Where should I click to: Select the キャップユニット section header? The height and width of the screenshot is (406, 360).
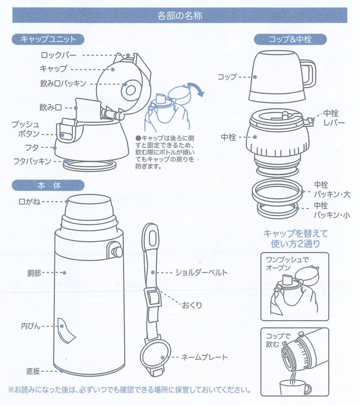(x=48, y=39)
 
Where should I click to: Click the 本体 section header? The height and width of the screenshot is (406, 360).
(x=48, y=186)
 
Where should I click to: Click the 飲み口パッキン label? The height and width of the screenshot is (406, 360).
(x=64, y=84)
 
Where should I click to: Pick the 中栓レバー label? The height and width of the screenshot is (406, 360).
(x=333, y=119)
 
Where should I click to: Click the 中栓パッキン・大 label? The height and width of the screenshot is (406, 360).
(x=329, y=188)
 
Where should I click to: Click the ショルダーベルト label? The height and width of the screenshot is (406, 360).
(x=201, y=272)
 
